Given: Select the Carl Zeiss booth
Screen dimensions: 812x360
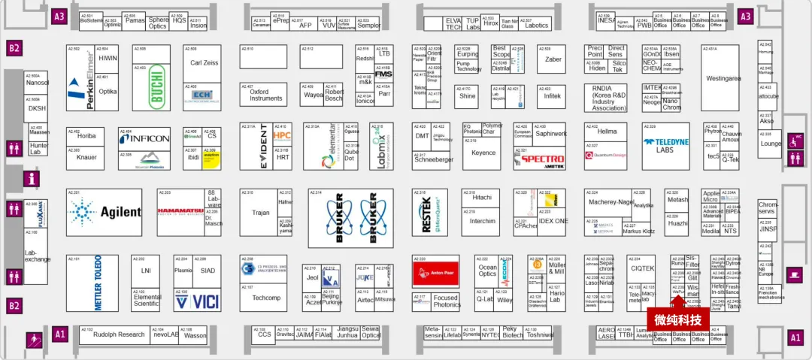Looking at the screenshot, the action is pos(205,63).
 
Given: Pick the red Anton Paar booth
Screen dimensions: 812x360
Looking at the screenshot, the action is pos(435,271).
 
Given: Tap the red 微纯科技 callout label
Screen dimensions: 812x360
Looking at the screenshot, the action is pos(677,320).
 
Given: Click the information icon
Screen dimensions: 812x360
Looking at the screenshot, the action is pos(32,179).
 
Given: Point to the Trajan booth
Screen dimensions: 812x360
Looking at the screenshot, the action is pos(260,213).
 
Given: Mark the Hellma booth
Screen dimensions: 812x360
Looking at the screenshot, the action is pos(607,132).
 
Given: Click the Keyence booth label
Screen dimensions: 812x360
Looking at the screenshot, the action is pos(483,153).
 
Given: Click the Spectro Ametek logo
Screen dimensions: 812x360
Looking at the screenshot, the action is pos(541,159).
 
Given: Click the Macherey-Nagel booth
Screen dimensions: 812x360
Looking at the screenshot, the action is pos(611,202).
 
